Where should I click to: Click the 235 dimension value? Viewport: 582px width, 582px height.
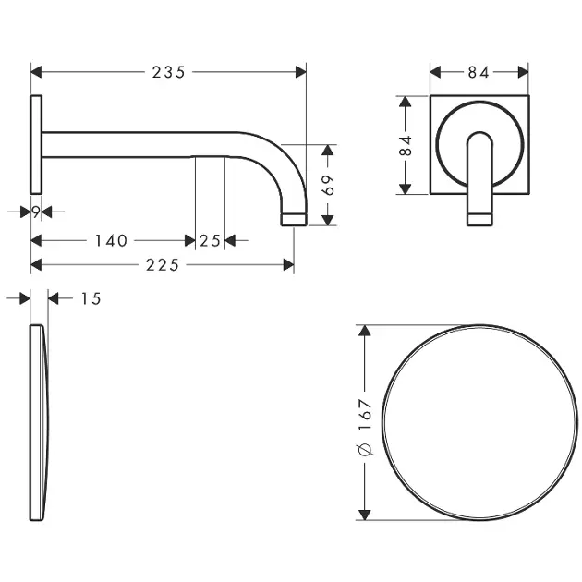click(168, 72)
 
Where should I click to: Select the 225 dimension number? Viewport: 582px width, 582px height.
click(163, 265)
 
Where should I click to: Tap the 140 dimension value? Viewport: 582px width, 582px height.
click(112, 241)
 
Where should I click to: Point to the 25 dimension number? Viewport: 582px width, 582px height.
click(210, 241)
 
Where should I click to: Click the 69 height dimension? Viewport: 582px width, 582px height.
click(328, 185)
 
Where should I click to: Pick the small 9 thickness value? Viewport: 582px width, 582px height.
click(36, 212)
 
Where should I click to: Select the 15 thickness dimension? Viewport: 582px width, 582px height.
click(91, 298)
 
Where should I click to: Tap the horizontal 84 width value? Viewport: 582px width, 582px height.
click(479, 72)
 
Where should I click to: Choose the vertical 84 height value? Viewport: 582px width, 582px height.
click(406, 145)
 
